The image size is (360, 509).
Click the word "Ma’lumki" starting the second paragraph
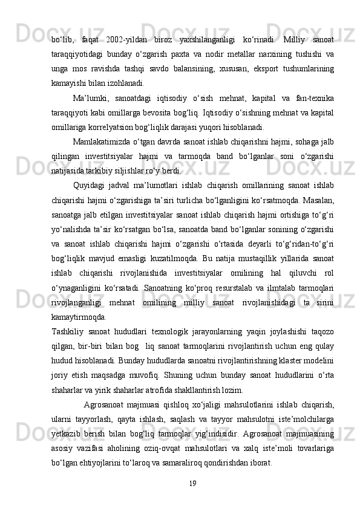coord(90,98)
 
